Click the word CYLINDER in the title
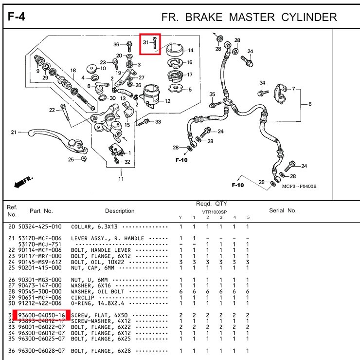(x=309, y=18)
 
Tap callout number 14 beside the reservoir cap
(x=190, y=50)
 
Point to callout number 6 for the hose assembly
(x=310, y=104)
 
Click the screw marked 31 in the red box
(x=154, y=44)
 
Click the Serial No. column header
(x=283, y=211)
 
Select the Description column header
(x=120, y=211)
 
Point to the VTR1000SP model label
(x=214, y=212)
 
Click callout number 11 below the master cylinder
(x=121, y=179)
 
